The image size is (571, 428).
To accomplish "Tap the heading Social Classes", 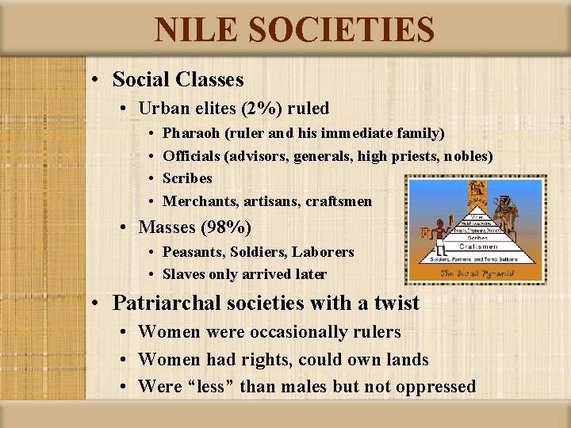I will tap(178, 79).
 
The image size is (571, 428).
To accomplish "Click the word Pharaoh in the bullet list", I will tap(191, 133).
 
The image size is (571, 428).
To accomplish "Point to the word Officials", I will tap(193, 156).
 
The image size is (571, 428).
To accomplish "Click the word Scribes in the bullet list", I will tap(187, 178).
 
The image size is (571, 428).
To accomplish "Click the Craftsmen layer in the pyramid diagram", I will tap(478, 246).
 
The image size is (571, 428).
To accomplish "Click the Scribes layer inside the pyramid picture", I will tap(478, 236).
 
